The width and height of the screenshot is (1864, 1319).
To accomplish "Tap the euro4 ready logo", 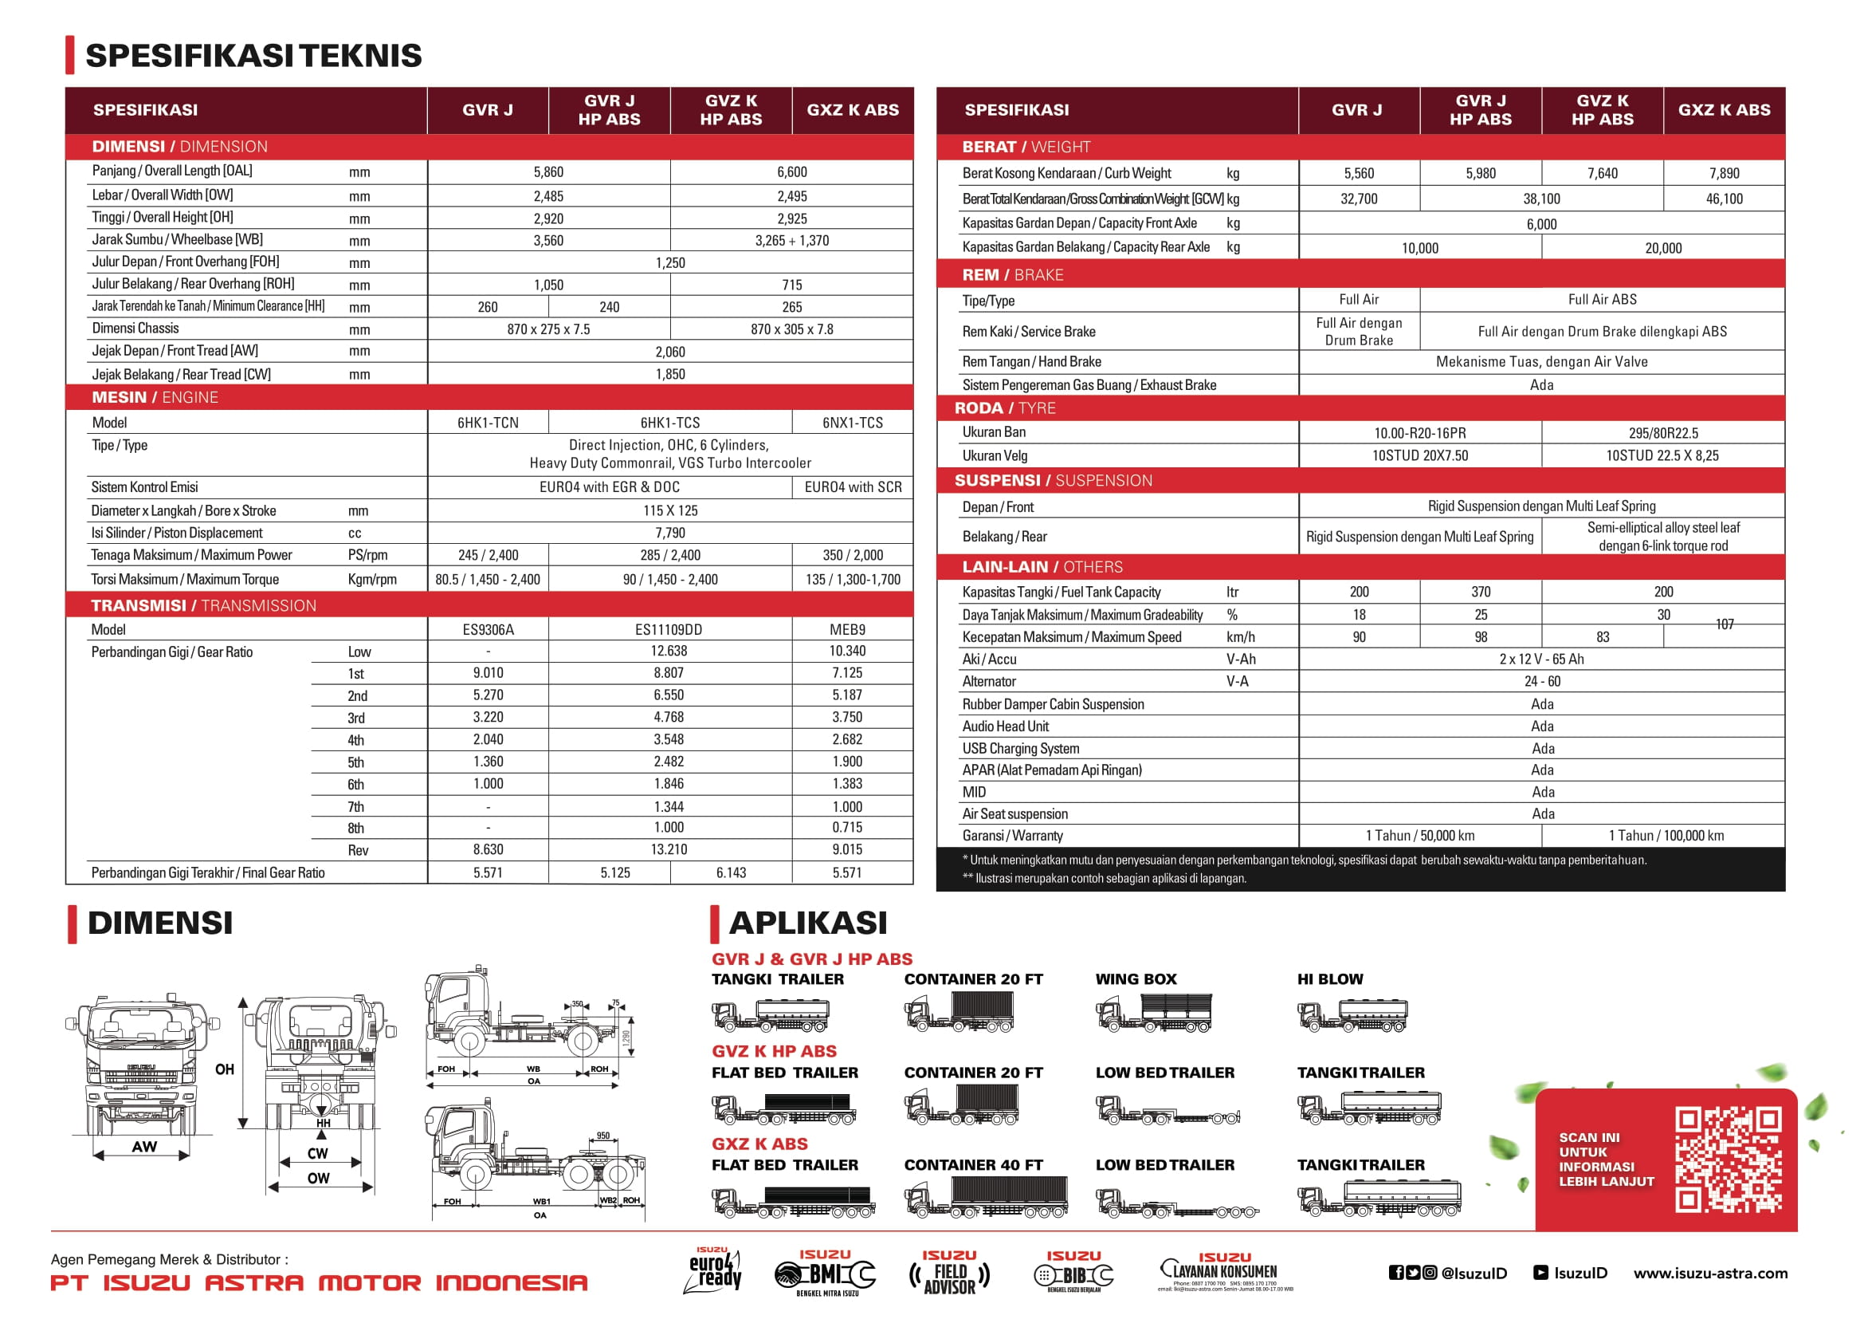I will pyautogui.click(x=715, y=1271).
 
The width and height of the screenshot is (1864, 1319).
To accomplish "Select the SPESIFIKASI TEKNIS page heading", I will pyautogui.click(x=253, y=55).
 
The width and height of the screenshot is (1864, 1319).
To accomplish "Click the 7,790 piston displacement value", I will pyautogui.click(x=669, y=533).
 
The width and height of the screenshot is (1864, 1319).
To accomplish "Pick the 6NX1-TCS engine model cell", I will pyautogui.click(x=853, y=423).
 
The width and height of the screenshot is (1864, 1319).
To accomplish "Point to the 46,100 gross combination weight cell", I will pyautogui.click(x=1724, y=199).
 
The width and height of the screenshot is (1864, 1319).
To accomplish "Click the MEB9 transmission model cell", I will pyautogui.click(x=848, y=629).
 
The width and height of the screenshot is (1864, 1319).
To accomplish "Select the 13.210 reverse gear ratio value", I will pyautogui.click(x=669, y=849).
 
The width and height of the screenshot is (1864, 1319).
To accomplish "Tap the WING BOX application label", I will pyautogui.click(x=1136, y=979).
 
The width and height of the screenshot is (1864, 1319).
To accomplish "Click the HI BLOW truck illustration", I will pyautogui.click(x=1352, y=1015).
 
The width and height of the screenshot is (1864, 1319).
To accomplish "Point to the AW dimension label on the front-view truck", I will pyautogui.click(x=144, y=1147).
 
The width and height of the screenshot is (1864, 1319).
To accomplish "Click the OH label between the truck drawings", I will pyautogui.click(x=225, y=1069).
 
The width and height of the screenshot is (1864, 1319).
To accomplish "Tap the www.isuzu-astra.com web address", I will pyautogui.click(x=1710, y=1274).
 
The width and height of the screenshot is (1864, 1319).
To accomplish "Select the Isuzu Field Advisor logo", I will pyautogui.click(x=949, y=1274).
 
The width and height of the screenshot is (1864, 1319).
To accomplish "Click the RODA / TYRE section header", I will pyautogui.click(x=1005, y=408).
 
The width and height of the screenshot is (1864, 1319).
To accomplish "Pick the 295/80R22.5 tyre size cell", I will pyautogui.click(x=1662, y=434).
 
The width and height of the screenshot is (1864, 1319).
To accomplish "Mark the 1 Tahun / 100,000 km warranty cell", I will pyautogui.click(x=1666, y=836).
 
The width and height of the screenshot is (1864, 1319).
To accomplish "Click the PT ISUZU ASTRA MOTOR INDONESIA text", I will pyautogui.click(x=319, y=1283).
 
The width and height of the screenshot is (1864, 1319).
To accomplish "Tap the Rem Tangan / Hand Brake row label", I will pyautogui.click(x=1031, y=361).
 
